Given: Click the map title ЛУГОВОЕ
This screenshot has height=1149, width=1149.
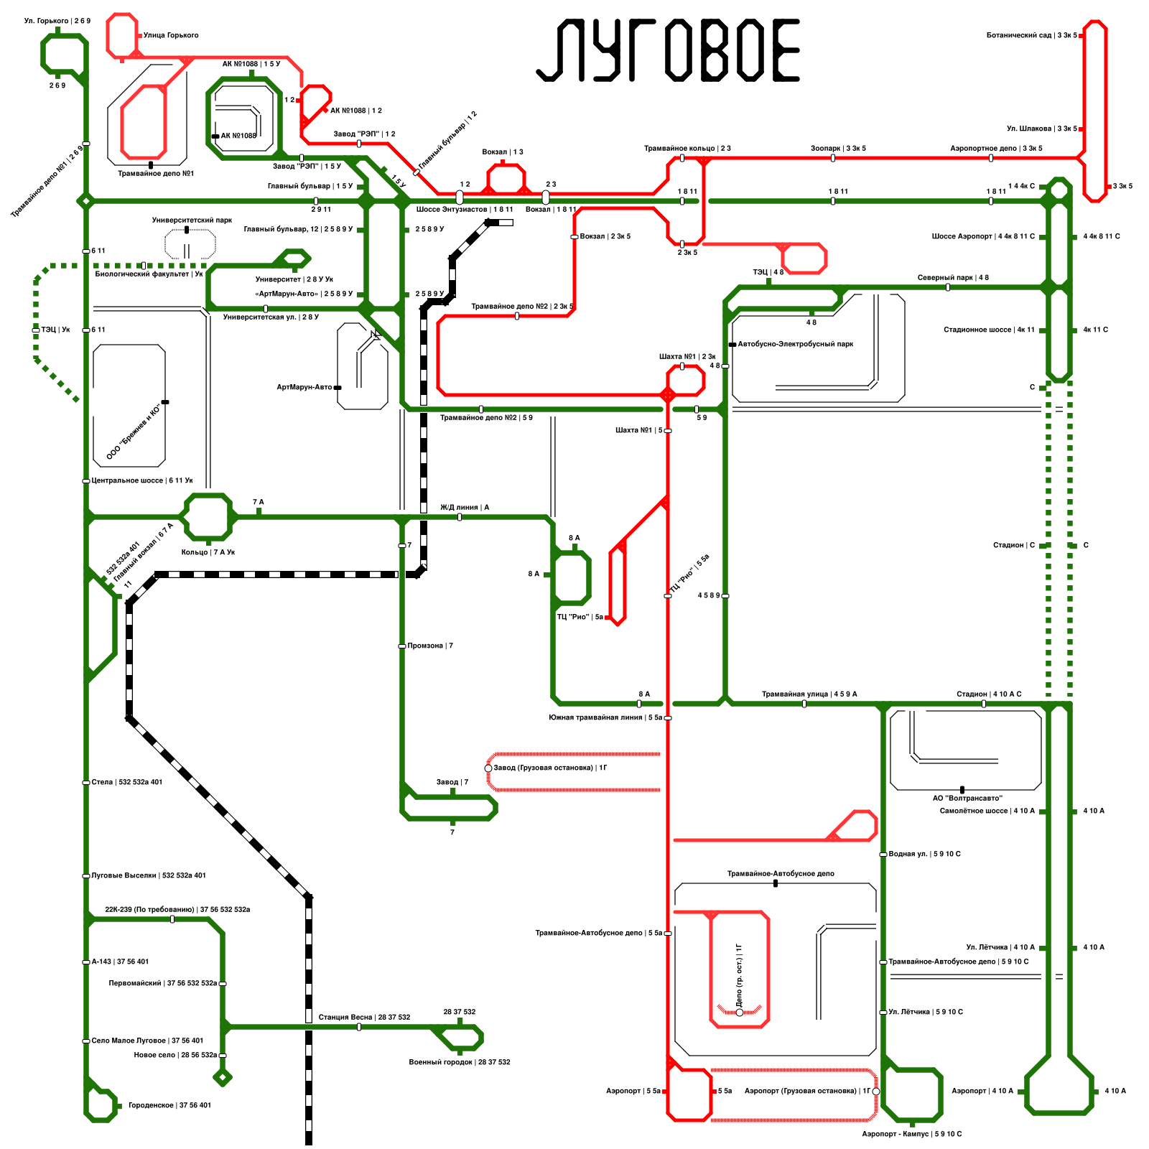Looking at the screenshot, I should (668, 50).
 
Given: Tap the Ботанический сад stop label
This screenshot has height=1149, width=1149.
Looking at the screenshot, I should (1031, 35).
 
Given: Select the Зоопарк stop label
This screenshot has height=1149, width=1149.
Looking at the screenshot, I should (838, 148).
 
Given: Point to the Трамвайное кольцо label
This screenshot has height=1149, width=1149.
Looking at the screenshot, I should (687, 148).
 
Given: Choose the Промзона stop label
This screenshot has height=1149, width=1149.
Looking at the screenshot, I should (430, 646).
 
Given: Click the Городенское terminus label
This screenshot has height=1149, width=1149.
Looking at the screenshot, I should (169, 1105).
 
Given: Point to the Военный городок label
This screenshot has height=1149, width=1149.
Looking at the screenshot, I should (460, 1062).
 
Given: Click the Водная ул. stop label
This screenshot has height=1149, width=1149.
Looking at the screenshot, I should (924, 854).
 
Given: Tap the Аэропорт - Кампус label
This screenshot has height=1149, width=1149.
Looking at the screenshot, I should (911, 1134).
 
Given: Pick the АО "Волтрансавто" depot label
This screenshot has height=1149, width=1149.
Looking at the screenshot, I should (967, 798).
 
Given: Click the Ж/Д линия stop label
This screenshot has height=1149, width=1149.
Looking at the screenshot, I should (465, 507).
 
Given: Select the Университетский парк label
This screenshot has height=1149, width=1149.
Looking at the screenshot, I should (192, 220).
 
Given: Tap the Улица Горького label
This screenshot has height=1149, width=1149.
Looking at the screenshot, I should (171, 35).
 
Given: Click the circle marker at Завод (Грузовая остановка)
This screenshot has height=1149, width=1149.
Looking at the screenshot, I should (488, 768).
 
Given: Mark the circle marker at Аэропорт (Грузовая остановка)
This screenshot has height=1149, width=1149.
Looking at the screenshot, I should (876, 1092).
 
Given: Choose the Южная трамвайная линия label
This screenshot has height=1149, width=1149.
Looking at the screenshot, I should (605, 717).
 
